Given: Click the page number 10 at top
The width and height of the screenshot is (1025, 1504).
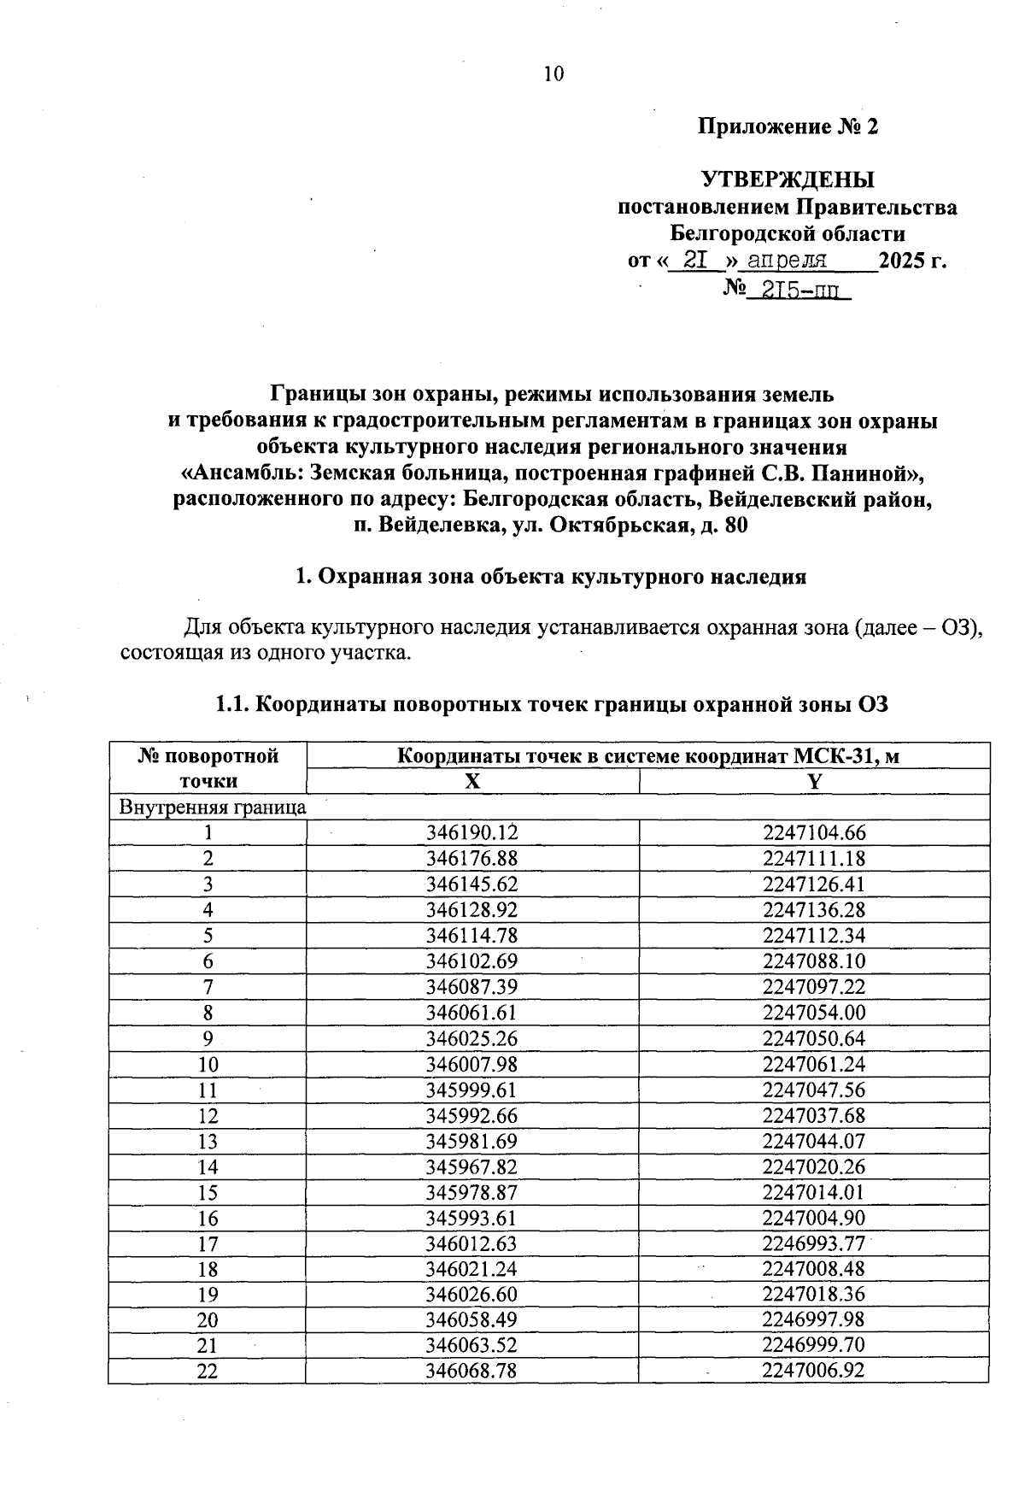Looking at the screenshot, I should [x=553, y=74].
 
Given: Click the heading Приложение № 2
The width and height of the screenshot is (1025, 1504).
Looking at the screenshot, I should [x=788, y=127].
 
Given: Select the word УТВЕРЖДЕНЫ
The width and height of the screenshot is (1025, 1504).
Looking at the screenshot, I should [x=788, y=180].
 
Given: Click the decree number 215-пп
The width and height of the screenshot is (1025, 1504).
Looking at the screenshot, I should [x=797, y=290].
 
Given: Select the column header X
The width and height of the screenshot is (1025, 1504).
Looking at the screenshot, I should [x=471, y=781].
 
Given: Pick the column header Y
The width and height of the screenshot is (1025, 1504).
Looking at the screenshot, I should [x=813, y=781].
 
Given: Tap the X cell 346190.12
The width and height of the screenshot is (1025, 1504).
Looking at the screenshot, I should [x=471, y=832].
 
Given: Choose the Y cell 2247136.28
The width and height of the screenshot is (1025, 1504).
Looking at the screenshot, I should [x=813, y=909].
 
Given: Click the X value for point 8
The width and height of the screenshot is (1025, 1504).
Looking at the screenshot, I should [x=471, y=1013].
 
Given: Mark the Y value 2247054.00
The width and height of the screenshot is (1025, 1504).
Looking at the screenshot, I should [x=813, y=1013].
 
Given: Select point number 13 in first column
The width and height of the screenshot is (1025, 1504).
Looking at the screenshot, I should [x=208, y=1142].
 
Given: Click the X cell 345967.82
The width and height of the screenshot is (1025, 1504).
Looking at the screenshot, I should [x=471, y=1167].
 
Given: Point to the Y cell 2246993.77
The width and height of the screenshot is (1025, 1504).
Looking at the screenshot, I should [x=813, y=1244].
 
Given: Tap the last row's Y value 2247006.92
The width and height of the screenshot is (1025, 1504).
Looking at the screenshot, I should [x=813, y=1371].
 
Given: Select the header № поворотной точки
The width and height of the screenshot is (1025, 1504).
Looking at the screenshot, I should [x=208, y=768].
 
